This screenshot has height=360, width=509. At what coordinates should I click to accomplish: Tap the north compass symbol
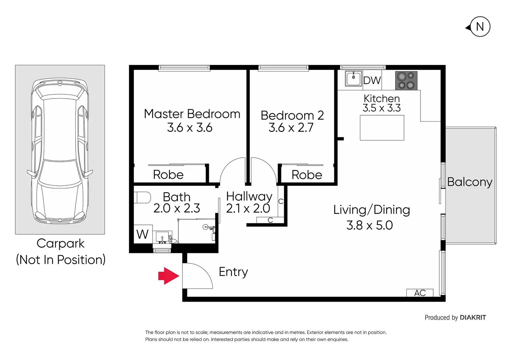click(480, 27)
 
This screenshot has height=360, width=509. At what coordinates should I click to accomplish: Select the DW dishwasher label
click(372, 81)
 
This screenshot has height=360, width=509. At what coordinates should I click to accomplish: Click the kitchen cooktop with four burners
click(406, 81)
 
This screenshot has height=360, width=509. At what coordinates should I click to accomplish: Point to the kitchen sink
click(353, 79)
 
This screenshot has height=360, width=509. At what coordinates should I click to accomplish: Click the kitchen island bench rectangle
click(382, 128)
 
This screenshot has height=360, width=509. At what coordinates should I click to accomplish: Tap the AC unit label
click(420, 293)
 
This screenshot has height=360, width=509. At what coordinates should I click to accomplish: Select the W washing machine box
click(142, 234)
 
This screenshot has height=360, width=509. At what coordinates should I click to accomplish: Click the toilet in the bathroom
click(142, 197)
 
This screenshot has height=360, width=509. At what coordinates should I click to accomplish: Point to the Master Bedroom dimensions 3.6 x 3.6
click(189, 128)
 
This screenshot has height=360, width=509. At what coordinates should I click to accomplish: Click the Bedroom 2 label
click(292, 115)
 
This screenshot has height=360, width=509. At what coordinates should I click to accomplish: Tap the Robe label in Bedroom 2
click(307, 175)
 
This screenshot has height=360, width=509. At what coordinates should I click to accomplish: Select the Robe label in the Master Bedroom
click(168, 175)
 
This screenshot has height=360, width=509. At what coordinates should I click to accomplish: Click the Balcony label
click(470, 182)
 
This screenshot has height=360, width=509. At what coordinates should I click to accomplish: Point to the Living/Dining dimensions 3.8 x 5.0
click(369, 225)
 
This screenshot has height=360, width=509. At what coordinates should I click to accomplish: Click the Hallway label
click(249, 196)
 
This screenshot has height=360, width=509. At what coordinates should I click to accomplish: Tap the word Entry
click(233, 272)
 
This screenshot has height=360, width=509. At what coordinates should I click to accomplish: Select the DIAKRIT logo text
click(473, 317)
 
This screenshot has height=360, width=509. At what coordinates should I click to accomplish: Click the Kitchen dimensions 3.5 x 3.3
click(381, 108)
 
